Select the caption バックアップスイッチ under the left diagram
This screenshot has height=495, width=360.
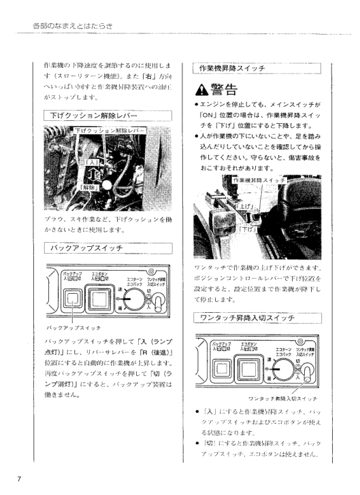pyautogui.click(x=67, y=326)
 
